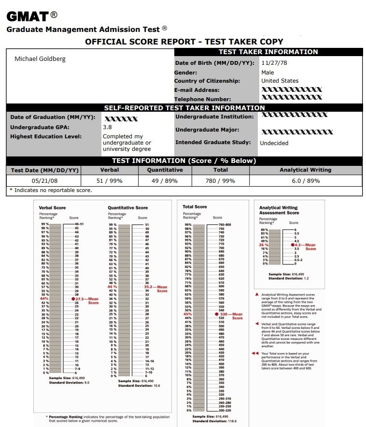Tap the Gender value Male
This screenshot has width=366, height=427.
267,72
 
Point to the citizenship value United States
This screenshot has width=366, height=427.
280,81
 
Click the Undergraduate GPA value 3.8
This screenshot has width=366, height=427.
107,127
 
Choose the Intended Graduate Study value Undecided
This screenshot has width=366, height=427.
274,143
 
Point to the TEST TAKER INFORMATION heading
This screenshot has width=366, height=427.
268,52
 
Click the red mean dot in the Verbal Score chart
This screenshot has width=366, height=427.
73,299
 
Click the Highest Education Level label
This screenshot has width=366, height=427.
46,136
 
